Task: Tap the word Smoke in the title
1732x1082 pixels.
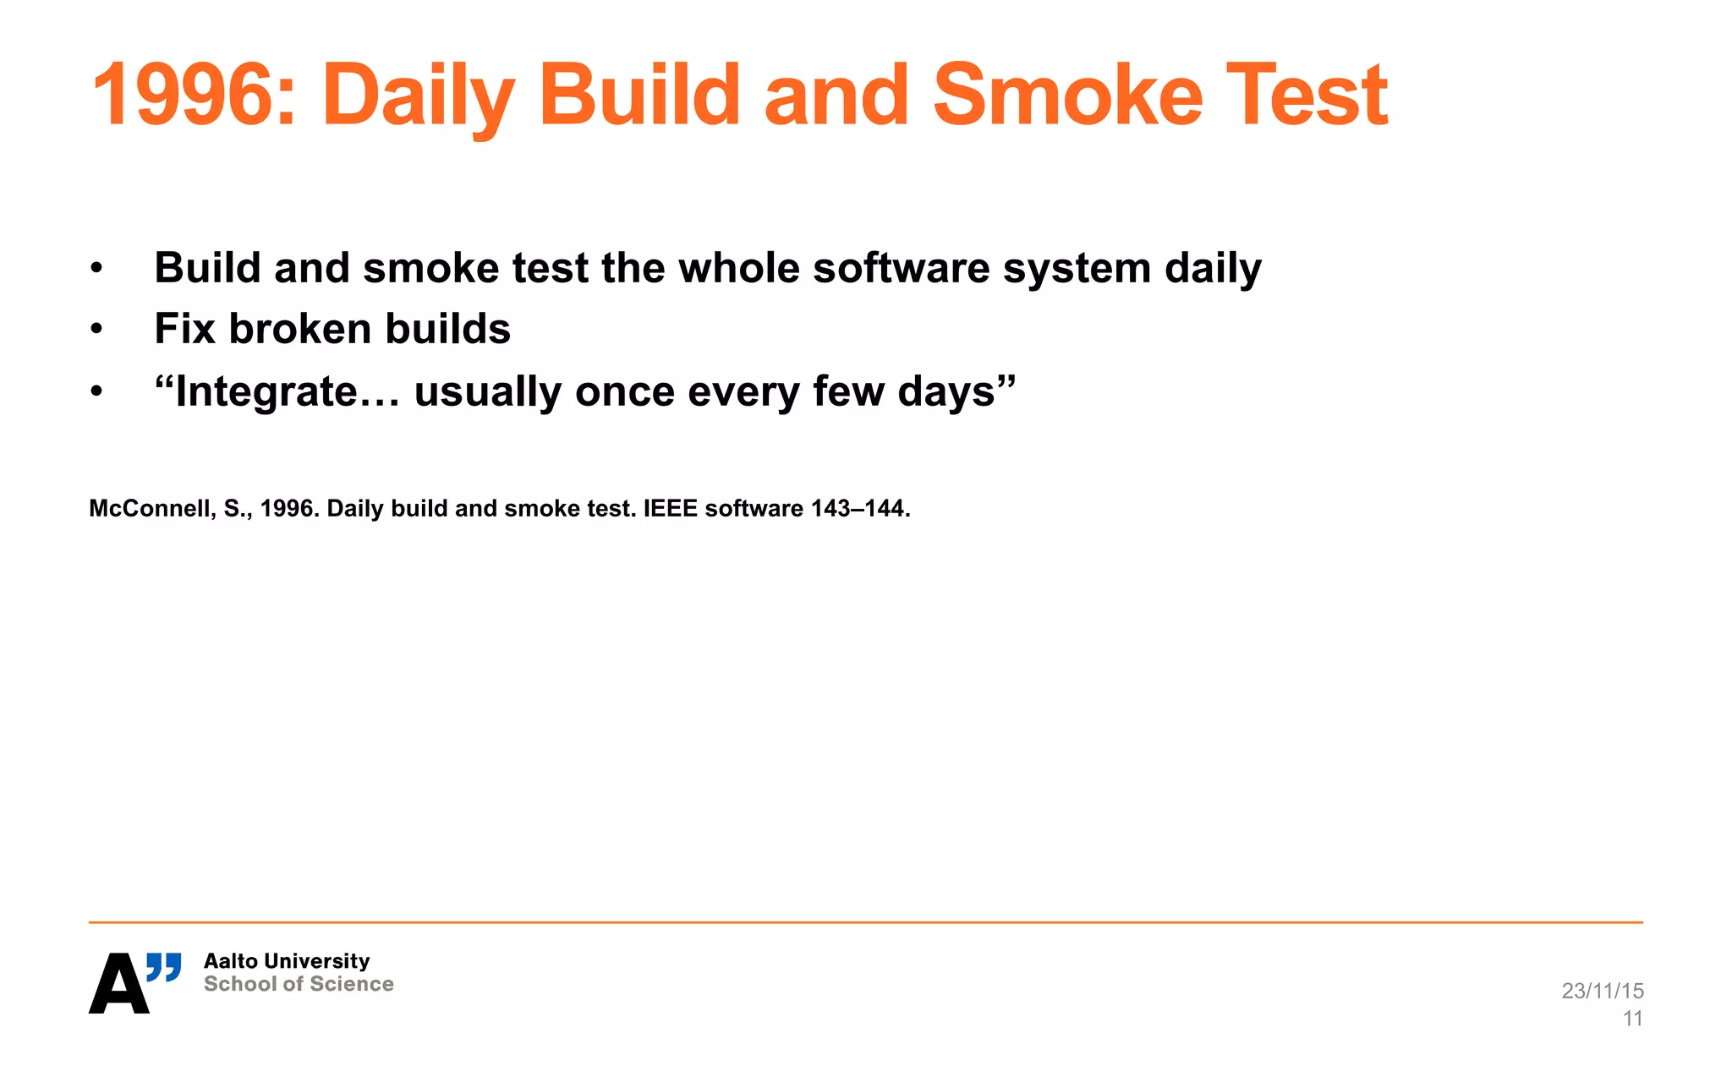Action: [x=1067, y=95]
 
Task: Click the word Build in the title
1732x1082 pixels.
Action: [x=639, y=95]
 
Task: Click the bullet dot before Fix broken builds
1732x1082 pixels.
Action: [x=96, y=329]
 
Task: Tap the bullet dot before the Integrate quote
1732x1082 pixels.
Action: [x=96, y=391]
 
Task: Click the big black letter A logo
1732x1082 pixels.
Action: [x=118, y=984]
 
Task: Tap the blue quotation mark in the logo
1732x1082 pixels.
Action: [x=163, y=967]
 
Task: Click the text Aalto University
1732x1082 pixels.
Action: [x=287, y=961]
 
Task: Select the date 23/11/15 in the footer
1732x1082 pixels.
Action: [x=1602, y=991]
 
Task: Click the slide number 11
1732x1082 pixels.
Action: [x=1632, y=1019]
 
